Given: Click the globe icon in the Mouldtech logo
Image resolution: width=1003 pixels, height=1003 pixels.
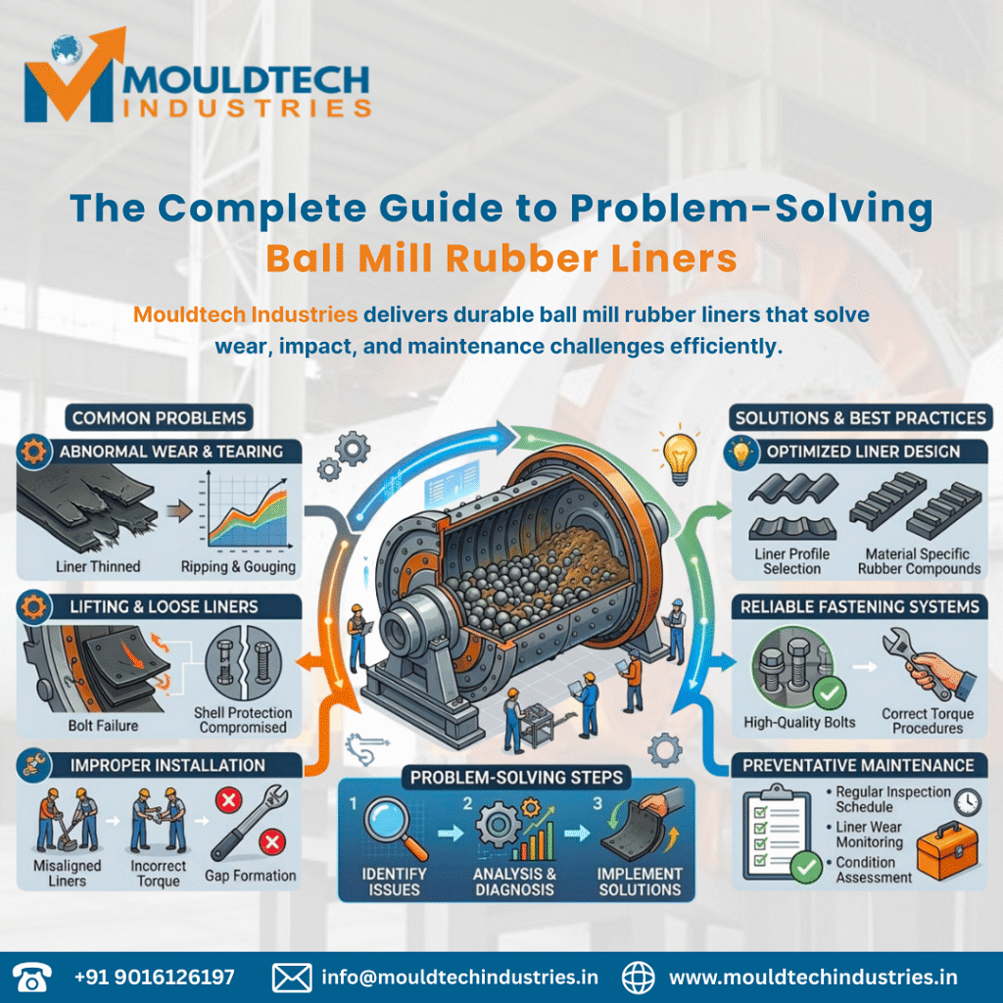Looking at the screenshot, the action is [x=67, y=49].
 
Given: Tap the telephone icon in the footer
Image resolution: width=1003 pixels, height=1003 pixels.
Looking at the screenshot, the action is [x=32, y=978].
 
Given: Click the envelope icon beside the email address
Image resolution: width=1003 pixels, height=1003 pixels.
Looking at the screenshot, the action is [x=292, y=978].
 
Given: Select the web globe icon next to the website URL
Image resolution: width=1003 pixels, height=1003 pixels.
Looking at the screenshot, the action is [x=639, y=978].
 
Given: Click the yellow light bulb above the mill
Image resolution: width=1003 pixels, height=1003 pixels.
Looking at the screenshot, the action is [x=680, y=456].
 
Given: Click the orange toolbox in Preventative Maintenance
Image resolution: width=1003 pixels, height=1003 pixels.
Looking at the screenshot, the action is [x=947, y=851].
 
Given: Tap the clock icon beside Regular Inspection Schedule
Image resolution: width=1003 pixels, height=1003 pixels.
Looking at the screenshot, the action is [x=967, y=801].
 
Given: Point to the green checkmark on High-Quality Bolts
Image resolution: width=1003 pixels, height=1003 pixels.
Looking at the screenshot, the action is [x=830, y=693].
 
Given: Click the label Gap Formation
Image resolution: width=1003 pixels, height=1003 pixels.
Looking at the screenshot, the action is [x=250, y=876].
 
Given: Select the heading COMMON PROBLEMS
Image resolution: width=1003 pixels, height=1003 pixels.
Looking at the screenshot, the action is [x=159, y=418].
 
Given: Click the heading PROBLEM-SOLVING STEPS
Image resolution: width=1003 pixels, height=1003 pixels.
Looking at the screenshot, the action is [x=516, y=777].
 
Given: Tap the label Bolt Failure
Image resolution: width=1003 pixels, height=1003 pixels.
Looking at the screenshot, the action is [x=103, y=726].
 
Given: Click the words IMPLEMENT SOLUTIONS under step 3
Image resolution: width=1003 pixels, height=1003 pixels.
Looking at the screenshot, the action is [x=640, y=882].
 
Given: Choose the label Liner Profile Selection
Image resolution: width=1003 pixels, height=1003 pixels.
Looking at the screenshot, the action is [x=791, y=561].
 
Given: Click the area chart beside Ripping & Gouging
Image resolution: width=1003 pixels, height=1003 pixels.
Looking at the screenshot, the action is [x=246, y=511].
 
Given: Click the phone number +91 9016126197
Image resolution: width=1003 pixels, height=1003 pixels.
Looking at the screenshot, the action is [x=154, y=978].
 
